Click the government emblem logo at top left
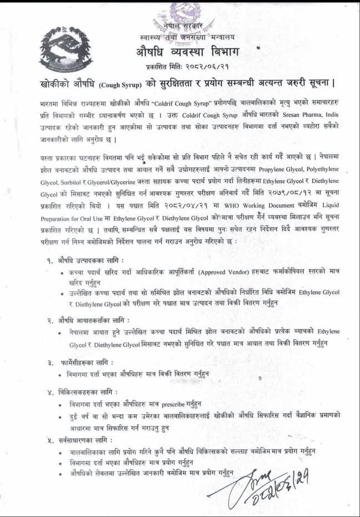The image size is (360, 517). [66, 49]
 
